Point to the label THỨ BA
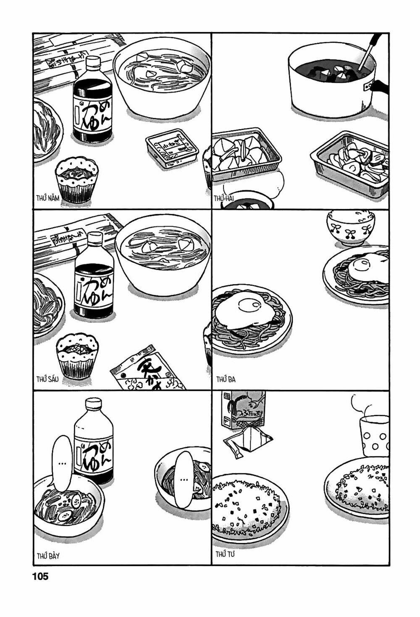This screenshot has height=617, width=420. [226, 380]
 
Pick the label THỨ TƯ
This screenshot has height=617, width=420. [225, 554]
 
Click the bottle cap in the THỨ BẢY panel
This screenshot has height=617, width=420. [94, 404]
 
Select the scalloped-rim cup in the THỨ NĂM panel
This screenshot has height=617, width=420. [77, 179]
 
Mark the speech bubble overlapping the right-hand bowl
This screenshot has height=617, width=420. [184, 479]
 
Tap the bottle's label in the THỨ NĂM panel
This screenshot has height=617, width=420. [92, 113]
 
